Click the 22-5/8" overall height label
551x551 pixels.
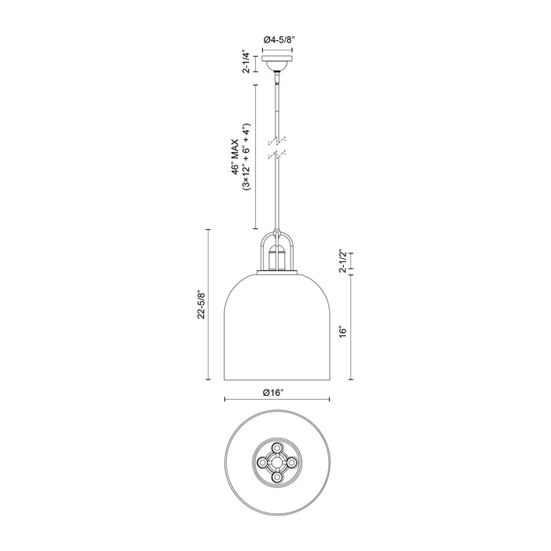202,304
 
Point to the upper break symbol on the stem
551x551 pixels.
276,140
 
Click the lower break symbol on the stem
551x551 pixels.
276,154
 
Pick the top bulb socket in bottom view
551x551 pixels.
276,447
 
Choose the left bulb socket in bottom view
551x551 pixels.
260,463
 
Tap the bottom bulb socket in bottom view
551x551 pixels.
276,479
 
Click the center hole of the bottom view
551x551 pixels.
276,463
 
